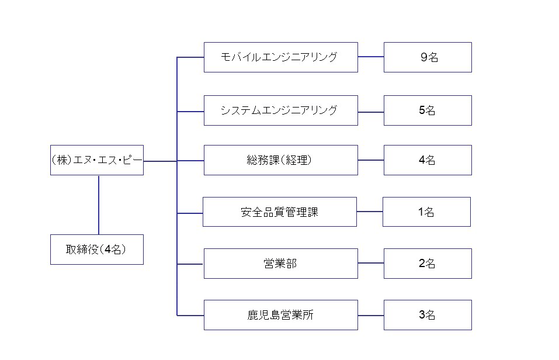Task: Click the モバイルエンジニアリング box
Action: (281, 57)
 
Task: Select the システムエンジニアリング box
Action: (281, 110)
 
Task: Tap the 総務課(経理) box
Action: (281, 160)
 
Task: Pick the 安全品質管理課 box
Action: (280, 212)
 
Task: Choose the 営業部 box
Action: (281, 264)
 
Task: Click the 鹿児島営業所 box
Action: (281, 315)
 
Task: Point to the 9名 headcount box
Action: (428, 57)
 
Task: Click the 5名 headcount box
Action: (428, 110)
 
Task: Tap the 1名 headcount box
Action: (427, 212)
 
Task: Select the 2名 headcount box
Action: (428, 264)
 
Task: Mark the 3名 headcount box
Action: (428, 315)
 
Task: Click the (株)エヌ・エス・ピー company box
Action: (97, 160)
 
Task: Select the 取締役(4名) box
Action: (97, 250)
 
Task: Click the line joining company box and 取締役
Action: (99, 205)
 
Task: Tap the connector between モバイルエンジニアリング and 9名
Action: (371, 57)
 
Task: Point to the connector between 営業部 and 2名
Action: (371, 264)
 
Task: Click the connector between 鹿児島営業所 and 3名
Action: (371, 316)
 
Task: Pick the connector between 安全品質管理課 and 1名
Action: (370, 212)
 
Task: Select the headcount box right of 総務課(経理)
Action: (428, 160)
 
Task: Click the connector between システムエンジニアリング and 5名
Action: (371, 112)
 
